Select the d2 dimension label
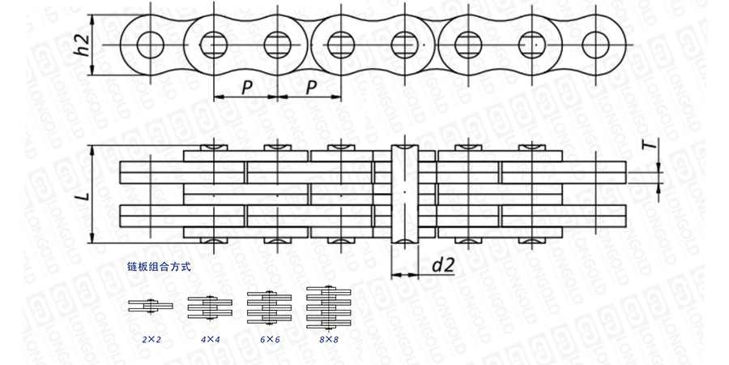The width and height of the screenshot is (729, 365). point(442,265)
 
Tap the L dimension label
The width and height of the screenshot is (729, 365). point(83,194)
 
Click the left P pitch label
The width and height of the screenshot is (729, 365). point(247,87)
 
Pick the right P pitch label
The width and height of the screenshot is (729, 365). point(312,87)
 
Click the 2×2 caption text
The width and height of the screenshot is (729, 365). point(151,339)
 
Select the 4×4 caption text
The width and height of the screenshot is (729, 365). point(210,339)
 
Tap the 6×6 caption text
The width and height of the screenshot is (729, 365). point(270,339)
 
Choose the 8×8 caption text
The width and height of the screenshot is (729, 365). point(329,339)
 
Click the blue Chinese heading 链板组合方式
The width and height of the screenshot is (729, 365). point(159,267)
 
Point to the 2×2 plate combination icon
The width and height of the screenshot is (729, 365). point(151,306)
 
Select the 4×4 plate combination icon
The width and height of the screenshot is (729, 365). point(210,307)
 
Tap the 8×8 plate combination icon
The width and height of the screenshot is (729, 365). point(329,308)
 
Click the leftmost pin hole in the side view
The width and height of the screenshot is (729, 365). point(151,45)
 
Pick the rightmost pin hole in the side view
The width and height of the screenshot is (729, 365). point(595,45)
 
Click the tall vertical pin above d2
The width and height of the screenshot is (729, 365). point(405,194)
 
